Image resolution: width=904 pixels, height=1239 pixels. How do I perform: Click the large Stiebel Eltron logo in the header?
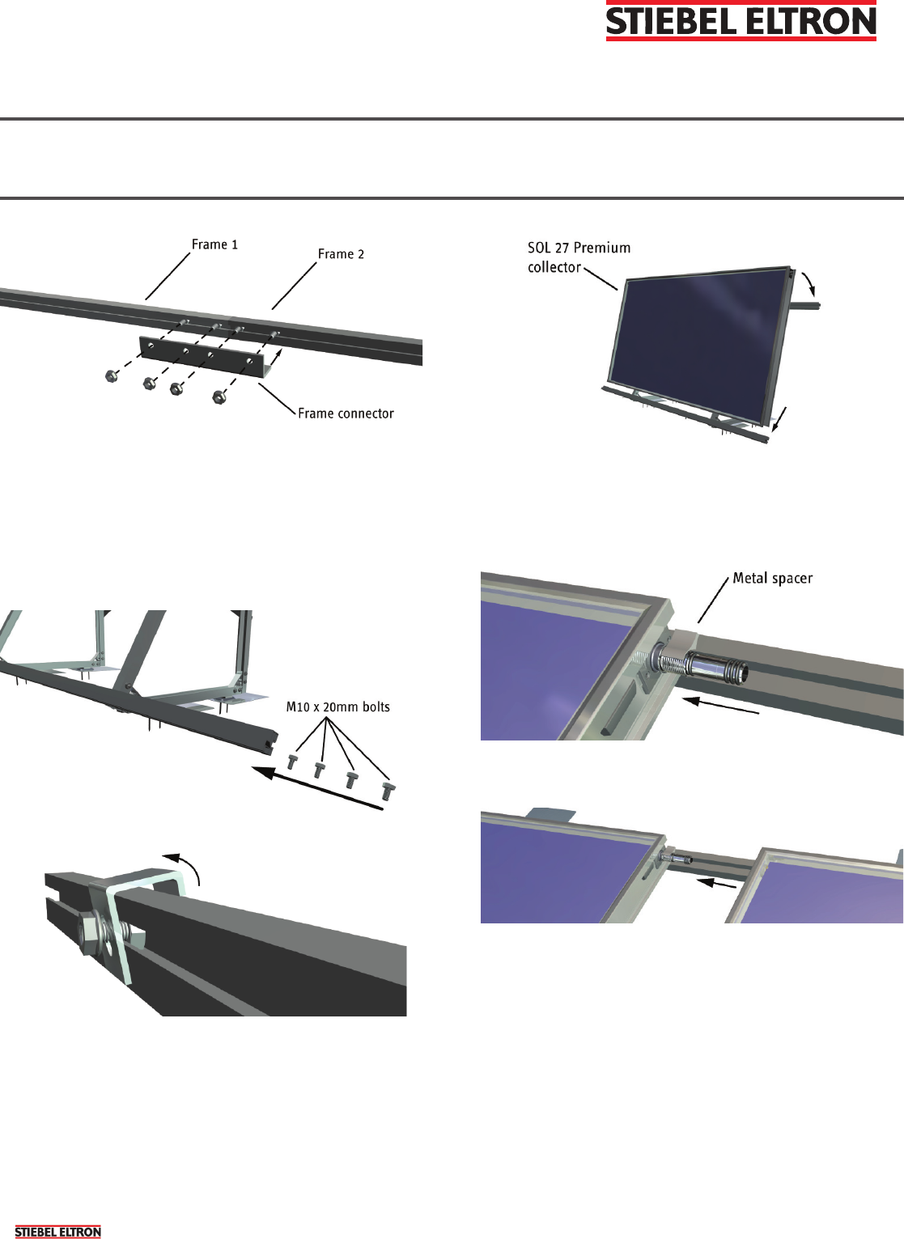pos(741,20)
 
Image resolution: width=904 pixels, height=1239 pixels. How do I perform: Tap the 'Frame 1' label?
pos(214,244)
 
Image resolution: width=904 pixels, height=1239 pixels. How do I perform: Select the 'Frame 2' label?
pos(341,254)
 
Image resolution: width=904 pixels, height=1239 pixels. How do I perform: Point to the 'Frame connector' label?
pos(346,414)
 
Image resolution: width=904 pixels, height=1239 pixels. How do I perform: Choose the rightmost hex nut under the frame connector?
pos(219,397)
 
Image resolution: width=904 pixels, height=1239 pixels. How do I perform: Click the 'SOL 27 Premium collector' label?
pos(579,257)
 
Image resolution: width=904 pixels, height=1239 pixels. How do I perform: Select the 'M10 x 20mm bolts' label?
pos(338,706)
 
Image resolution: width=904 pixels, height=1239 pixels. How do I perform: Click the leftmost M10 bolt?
pos(293,761)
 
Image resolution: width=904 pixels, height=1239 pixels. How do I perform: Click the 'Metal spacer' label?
pos(772,578)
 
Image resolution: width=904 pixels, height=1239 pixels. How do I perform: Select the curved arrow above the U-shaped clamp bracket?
pos(183,866)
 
